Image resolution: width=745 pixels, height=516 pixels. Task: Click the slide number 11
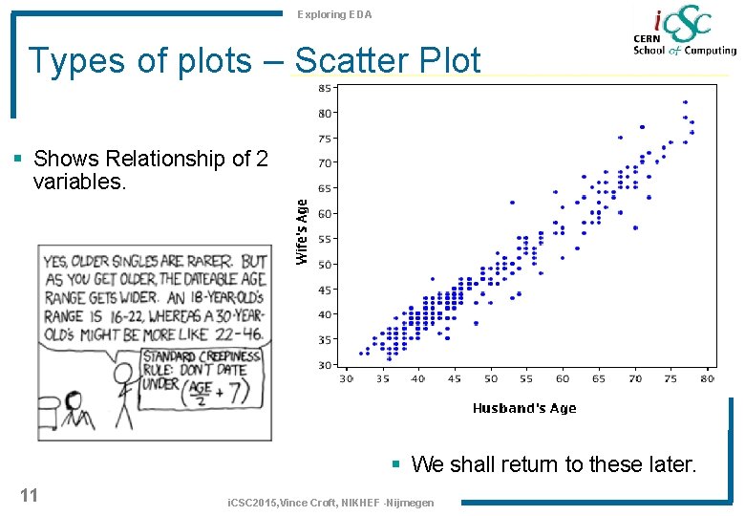29,495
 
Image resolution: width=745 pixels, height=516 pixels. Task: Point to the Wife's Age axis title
302,231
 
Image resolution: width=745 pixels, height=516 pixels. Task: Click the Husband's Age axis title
524,408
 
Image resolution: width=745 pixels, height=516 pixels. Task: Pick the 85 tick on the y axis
325,88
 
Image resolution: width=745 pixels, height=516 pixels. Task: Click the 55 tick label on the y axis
325,239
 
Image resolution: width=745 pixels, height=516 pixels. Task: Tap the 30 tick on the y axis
325,365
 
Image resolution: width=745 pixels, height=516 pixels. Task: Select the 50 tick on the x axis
491,379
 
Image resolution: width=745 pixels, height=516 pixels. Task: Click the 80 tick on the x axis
706,379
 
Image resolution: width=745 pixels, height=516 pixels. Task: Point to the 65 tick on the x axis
599,379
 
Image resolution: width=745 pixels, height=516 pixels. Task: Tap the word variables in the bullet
79,181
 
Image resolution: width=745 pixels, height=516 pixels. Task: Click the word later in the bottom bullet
673,464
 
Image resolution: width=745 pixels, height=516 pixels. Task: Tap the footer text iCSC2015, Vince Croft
287,503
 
